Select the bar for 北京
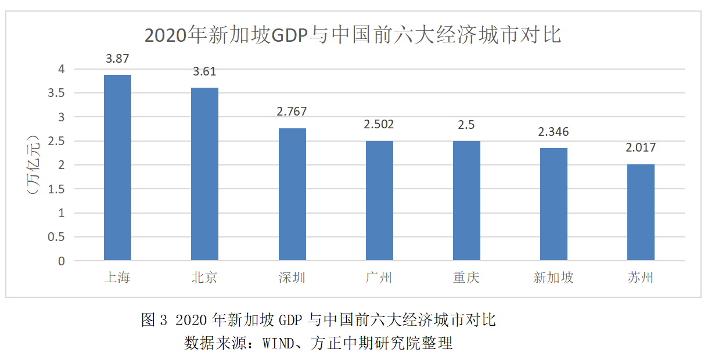pos(204,174)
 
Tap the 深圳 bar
pos(292,194)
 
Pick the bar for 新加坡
pos(554,204)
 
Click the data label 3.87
pos(117,59)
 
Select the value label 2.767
pos(292,112)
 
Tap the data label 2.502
pos(379,125)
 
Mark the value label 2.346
pos(554,132)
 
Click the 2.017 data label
pos(641,148)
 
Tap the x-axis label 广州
pos(379,278)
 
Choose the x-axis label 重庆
pos(466,278)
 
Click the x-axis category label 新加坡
pos(554,278)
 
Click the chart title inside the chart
pos(353,35)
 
